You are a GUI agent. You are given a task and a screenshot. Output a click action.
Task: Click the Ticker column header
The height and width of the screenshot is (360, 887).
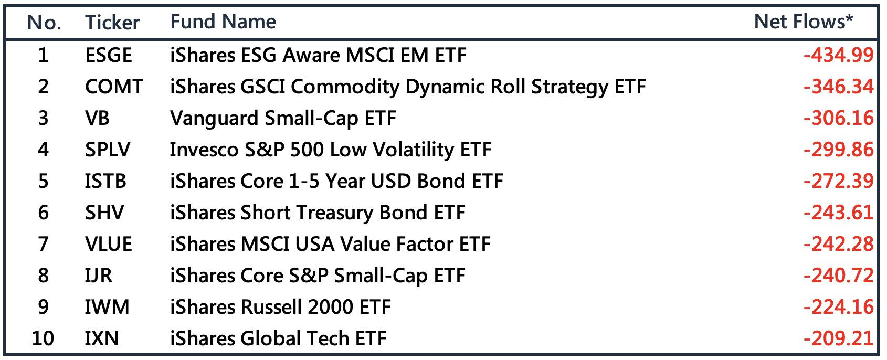click(112, 22)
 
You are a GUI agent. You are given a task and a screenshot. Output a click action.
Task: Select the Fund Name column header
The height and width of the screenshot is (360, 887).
click(223, 22)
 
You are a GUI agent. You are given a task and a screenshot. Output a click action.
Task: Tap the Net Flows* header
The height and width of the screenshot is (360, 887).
click(804, 22)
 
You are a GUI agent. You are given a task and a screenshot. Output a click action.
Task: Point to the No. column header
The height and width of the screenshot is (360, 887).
click(44, 22)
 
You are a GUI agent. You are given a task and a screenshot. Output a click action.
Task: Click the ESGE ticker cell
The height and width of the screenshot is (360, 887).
click(109, 55)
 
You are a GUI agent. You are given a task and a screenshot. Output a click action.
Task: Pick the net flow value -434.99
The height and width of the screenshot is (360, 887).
click(838, 55)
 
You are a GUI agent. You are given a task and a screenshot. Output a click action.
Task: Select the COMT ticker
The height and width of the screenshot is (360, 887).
click(114, 87)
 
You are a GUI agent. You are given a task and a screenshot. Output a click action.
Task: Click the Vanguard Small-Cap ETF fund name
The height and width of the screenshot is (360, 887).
click(283, 118)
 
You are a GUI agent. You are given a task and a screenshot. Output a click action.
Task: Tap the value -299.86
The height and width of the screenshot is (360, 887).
click(838, 150)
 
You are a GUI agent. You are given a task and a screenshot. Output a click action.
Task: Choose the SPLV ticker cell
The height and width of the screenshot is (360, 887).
click(108, 150)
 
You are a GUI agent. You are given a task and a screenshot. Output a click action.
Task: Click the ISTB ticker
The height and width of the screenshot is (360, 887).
click(105, 181)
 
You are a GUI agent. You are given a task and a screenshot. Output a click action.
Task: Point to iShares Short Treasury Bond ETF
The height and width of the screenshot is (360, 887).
click(318, 213)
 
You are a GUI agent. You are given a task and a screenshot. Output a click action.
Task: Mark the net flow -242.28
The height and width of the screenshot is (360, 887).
click(838, 244)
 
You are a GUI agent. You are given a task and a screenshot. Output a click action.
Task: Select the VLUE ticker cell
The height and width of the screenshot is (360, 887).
click(109, 244)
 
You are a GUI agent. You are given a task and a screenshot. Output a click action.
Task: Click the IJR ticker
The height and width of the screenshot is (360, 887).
click(99, 276)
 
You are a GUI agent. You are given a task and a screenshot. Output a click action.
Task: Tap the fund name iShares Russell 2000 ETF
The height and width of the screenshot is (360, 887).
click(280, 307)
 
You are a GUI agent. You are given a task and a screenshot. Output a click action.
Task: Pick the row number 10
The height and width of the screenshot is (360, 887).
click(43, 338)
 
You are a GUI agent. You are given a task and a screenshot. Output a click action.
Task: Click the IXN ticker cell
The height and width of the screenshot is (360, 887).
click(102, 338)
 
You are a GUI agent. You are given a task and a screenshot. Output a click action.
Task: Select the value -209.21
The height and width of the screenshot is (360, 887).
click(838, 338)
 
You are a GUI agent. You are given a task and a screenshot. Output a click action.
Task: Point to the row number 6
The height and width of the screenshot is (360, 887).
click(43, 213)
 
